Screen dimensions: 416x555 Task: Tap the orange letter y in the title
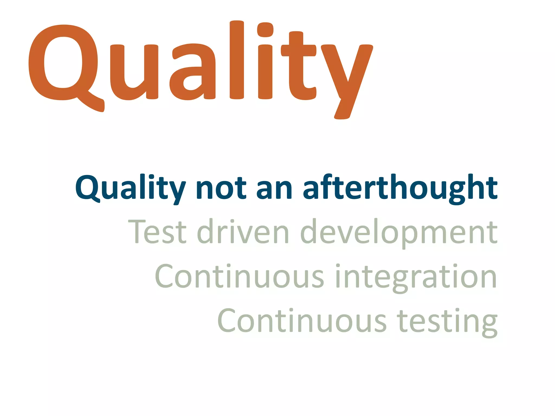347,79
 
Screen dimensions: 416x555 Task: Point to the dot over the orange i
265,30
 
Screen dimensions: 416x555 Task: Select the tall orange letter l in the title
237,60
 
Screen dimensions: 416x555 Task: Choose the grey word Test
157,232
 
